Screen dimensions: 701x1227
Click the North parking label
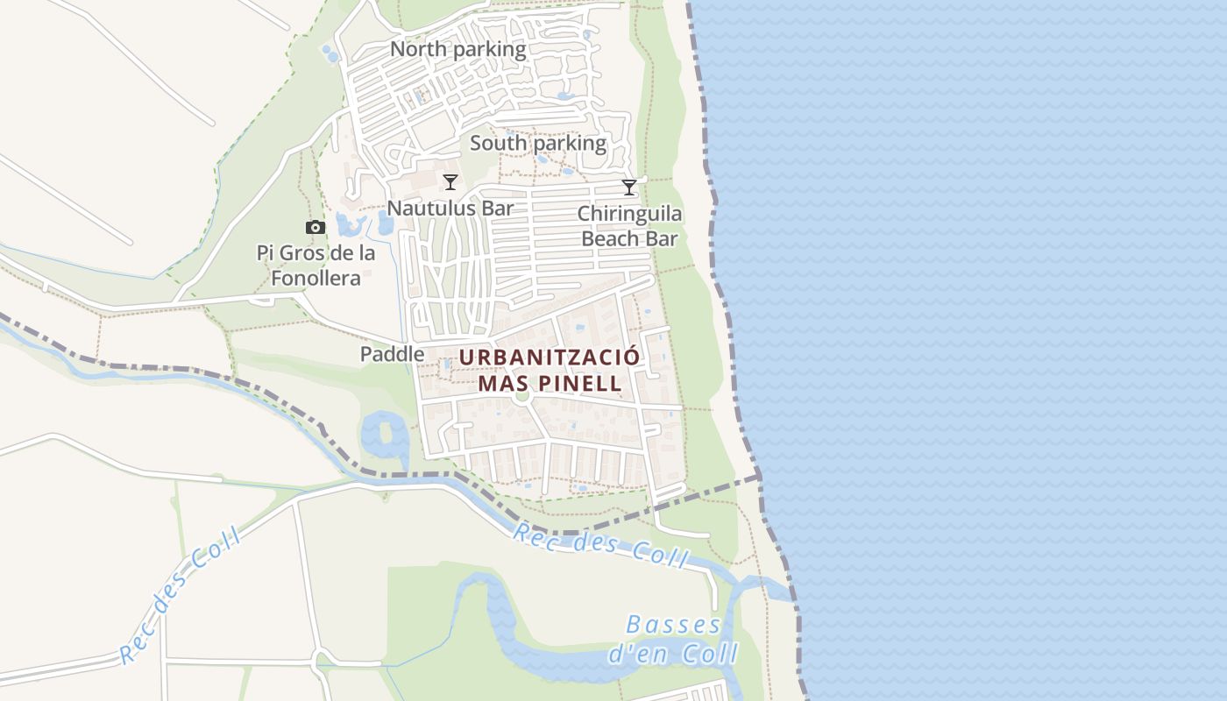point(457,49)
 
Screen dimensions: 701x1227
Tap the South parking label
point(538,143)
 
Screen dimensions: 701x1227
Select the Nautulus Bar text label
point(450,209)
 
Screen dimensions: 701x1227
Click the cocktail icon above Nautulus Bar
point(450,182)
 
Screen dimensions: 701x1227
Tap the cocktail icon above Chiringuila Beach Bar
point(629,187)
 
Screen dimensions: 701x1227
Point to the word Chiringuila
point(629,214)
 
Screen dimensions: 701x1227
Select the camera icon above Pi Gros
point(315,228)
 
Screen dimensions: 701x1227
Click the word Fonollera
point(316,279)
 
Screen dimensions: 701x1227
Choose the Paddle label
point(392,354)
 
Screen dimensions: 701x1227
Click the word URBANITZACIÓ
point(550,358)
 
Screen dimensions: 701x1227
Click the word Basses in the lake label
point(674,626)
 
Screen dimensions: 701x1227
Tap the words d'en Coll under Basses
point(673,654)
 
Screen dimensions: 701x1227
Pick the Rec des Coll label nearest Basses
point(602,545)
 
